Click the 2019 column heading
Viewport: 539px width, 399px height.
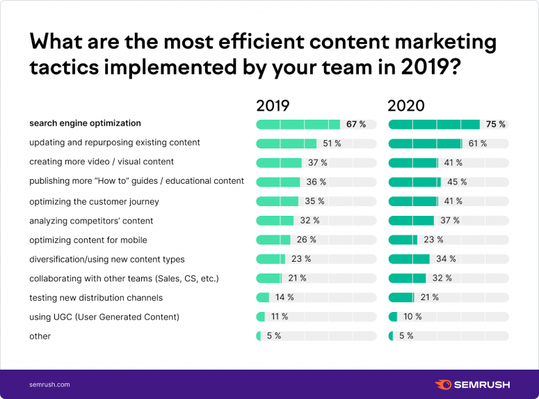coord(273,107)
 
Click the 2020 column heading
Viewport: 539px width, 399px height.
coord(406,107)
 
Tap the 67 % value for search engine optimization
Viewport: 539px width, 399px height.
coord(356,125)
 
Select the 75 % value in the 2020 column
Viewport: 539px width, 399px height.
coord(496,125)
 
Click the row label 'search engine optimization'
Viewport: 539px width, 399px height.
coord(85,124)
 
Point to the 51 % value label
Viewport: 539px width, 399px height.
coord(332,144)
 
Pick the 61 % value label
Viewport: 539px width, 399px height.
coord(478,144)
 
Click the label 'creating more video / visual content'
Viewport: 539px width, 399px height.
coord(101,162)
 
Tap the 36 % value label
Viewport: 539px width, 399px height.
coord(316,182)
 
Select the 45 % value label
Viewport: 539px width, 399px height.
coord(457,182)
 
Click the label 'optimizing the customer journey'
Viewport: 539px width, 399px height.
coord(94,202)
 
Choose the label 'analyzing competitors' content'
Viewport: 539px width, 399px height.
coord(91,221)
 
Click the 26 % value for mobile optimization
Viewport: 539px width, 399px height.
coord(307,240)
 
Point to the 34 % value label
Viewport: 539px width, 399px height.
coord(446,259)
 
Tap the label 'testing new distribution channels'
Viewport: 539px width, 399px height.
coord(96,298)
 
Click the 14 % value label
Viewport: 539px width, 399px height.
coord(284,298)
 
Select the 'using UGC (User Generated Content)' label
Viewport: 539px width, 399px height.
coord(104,318)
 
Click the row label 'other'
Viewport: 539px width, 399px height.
coord(40,336)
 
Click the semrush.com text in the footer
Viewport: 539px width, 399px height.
coord(49,384)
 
